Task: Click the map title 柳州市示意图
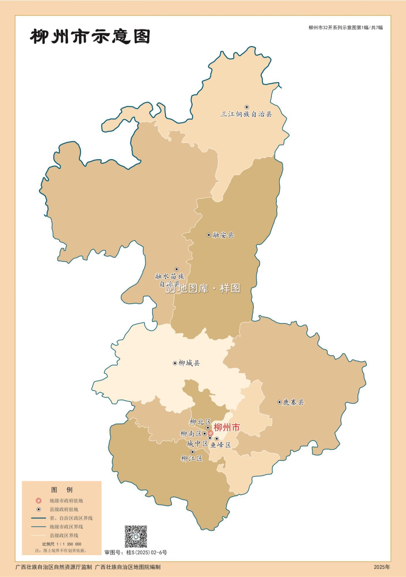click(x=90, y=37)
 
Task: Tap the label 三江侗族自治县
click(x=246, y=114)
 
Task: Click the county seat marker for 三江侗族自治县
click(x=247, y=107)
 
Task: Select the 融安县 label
click(x=223, y=235)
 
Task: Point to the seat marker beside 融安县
click(x=209, y=235)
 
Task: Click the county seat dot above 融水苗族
click(x=177, y=269)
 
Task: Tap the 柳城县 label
click(x=189, y=363)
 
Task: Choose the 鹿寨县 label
click(x=293, y=402)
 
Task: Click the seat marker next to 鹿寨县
click(x=280, y=402)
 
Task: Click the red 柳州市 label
click(x=226, y=427)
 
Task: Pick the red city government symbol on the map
click(x=211, y=433)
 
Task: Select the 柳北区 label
click(x=200, y=422)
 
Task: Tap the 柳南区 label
click(x=191, y=434)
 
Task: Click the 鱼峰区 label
click(x=221, y=445)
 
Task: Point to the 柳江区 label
click(x=191, y=459)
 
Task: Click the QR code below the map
click(x=136, y=536)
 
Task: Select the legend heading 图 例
click(x=62, y=490)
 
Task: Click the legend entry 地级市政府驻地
click(x=66, y=501)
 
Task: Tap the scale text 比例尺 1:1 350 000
click(x=62, y=544)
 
